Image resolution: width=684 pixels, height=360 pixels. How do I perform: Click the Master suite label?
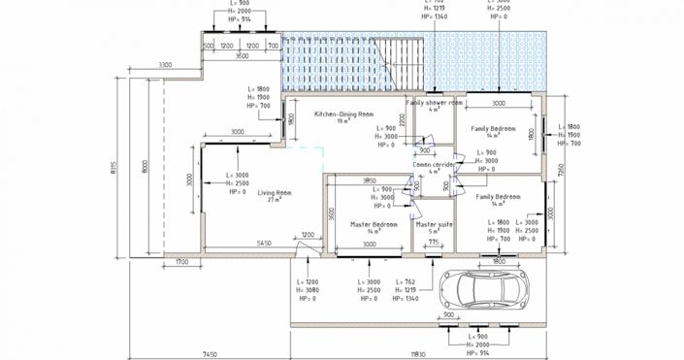[x=434, y=224]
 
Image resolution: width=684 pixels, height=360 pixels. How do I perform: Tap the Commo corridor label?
[x=434, y=165]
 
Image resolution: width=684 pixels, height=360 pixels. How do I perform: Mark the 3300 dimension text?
[x=165, y=65]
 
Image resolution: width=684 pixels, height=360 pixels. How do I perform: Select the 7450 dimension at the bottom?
[x=210, y=354]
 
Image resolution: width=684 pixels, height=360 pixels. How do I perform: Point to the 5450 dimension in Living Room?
[x=264, y=244]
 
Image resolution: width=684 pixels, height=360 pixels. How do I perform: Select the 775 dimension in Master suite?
[x=434, y=242]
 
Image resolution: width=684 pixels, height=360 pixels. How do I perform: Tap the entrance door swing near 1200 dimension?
[x=304, y=248]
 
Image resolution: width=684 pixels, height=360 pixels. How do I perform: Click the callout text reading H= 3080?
[x=305, y=290]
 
